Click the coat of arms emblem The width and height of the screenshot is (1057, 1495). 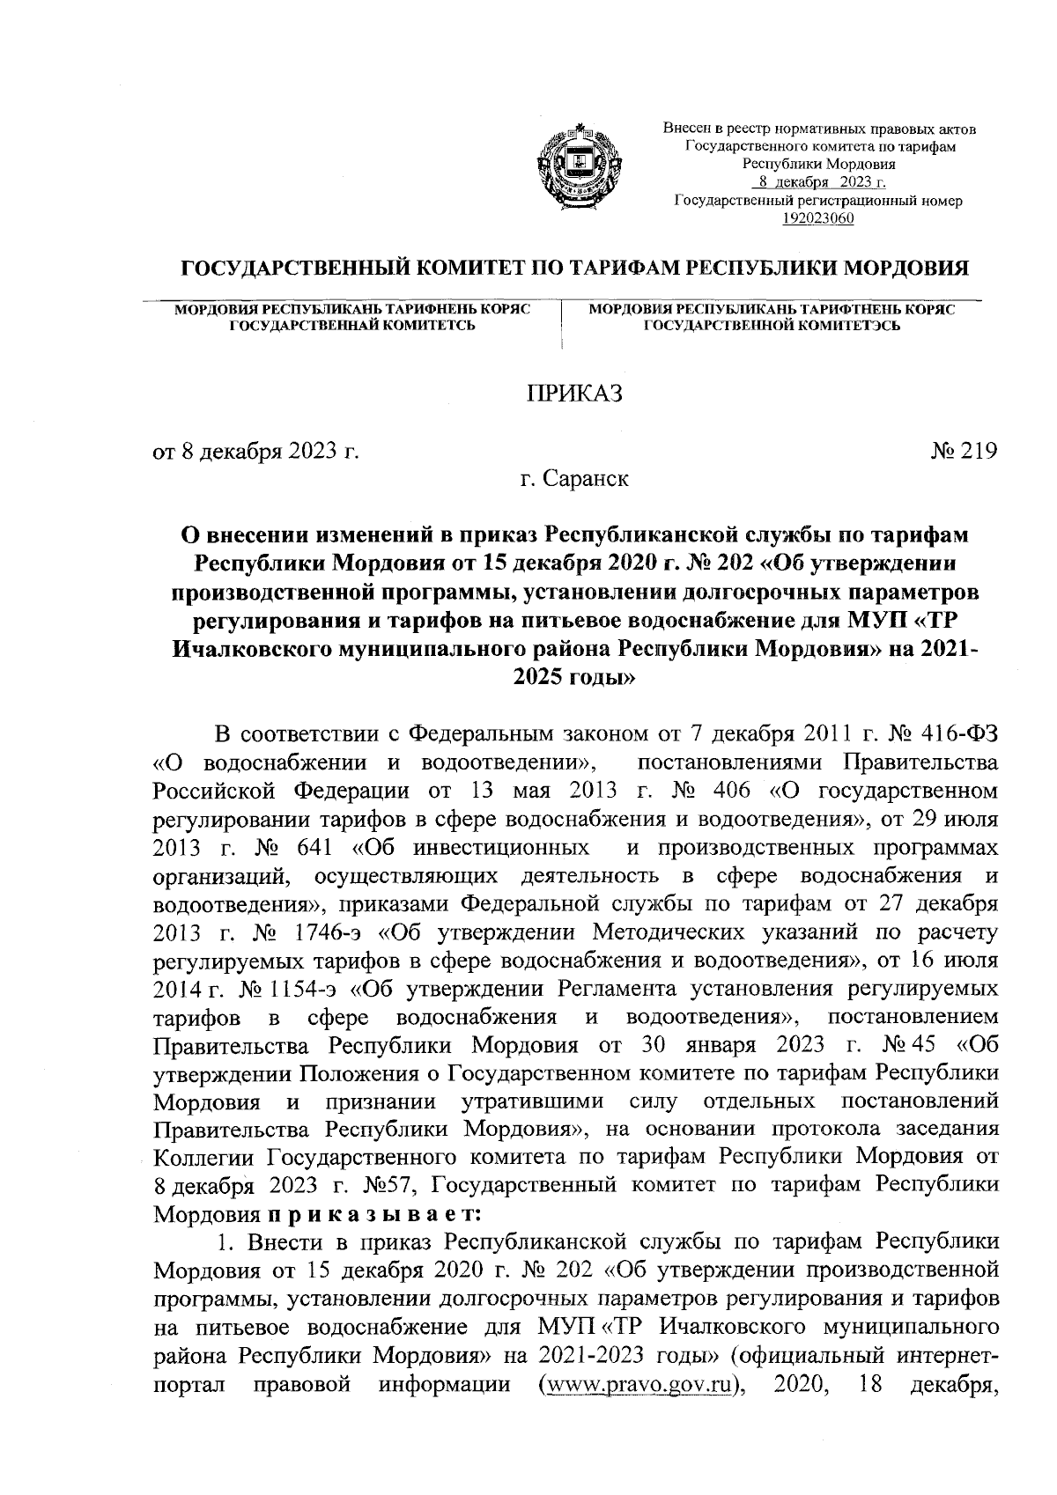[x=573, y=169]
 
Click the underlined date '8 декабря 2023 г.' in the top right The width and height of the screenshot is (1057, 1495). [x=818, y=182]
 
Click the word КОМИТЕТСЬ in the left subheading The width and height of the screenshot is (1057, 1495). [x=432, y=326]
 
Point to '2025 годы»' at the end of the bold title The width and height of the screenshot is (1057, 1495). [x=573, y=679]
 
